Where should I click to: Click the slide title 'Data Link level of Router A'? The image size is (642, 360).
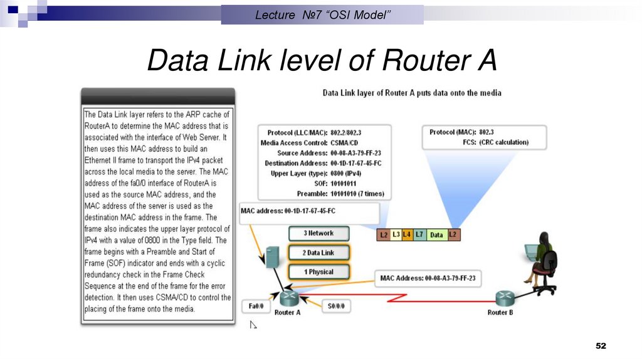[321, 61]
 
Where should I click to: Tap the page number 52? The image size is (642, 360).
[601, 346]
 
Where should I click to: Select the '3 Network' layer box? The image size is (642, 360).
[318, 233]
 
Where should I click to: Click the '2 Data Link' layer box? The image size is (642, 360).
[318, 253]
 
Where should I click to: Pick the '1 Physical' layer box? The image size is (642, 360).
[318, 272]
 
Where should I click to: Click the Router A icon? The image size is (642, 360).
[287, 299]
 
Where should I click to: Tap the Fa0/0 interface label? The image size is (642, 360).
[256, 307]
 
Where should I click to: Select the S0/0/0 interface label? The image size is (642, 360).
[336, 307]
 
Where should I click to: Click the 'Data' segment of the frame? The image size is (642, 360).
[436, 235]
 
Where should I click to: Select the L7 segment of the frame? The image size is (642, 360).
[419, 235]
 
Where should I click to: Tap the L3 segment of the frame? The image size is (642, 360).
[396, 235]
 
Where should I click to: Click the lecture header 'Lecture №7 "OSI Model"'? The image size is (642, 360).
[322, 14]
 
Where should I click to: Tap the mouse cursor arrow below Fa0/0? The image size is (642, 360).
[253, 324]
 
